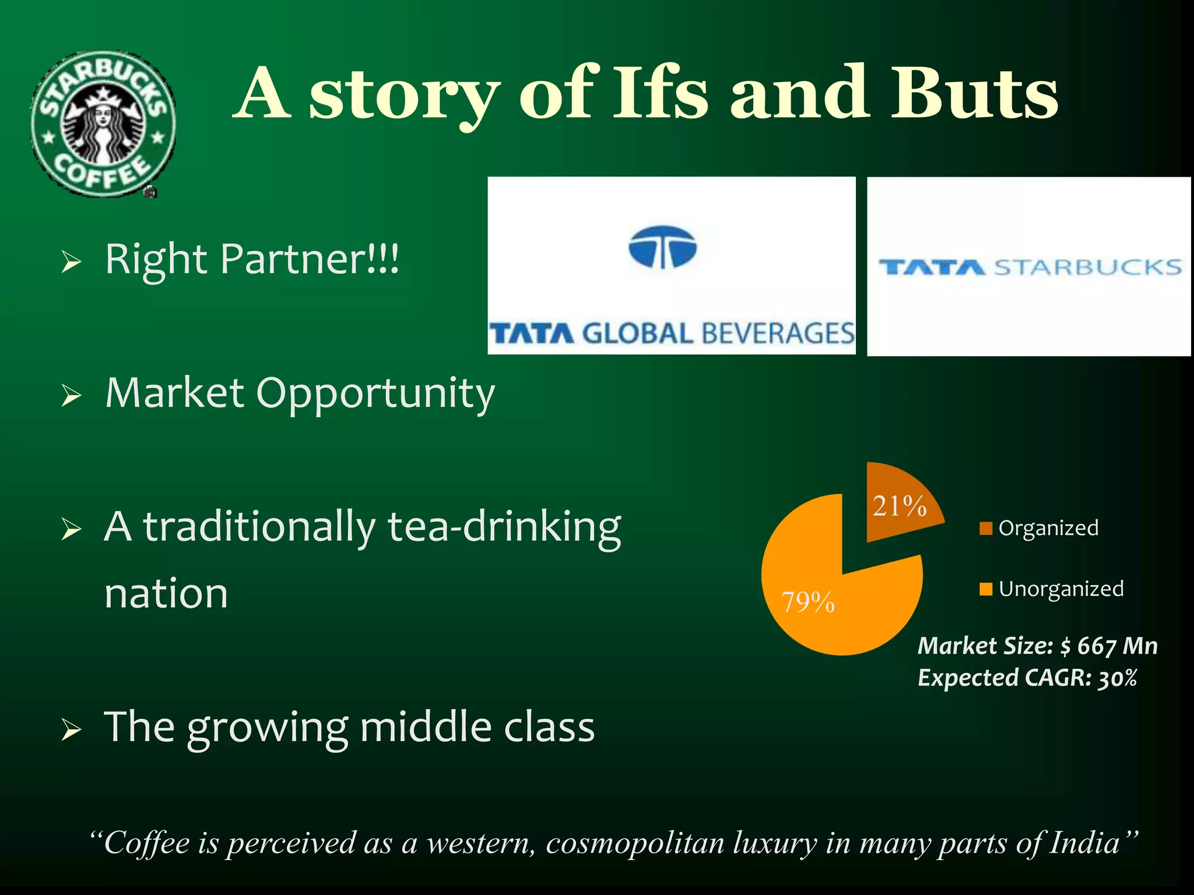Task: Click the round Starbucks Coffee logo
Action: pyautogui.click(x=103, y=124)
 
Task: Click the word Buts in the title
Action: pyautogui.click(x=974, y=93)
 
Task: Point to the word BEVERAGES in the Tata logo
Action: pyautogui.click(x=778, y=334)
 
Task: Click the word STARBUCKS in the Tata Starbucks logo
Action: pyautogui.click(x=1087, y=267)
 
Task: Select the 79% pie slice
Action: pyautogui.click(x=828, y=600)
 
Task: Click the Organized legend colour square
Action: pyautogui.click(x=986, y=528)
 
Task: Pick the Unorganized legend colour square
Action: pyautogui.click(x=986, y=589)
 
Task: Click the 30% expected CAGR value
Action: pyautogui.click(x=1118, y=678)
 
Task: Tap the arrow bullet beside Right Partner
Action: pyautogui.click(x=71, y=262)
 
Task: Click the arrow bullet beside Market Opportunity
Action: pyautogui.click(x=71, y=396)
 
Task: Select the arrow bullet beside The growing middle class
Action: pyautogui.click(x=71, y=730)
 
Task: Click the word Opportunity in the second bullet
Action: pyautogui.click(x=375, y=394)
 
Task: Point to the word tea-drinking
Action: pyautogui.click(x=504, y=527)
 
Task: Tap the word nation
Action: pyautogui.click(x=166, y=594)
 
